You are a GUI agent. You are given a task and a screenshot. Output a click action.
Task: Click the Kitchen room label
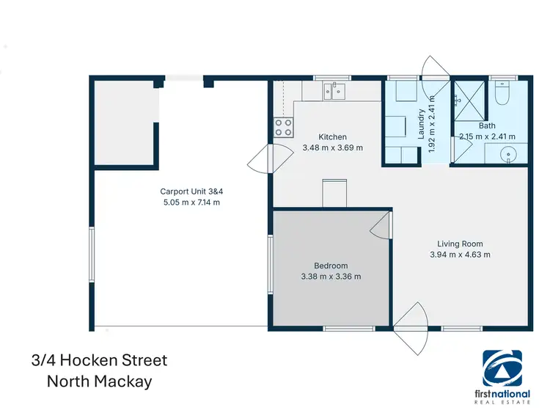click(x=332, y=137)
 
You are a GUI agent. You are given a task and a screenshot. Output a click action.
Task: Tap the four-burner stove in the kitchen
click(x=284, y=128)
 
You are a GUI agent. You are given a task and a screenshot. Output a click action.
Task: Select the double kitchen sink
click(x=334, y=91)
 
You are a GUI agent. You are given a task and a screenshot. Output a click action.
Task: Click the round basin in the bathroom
click(x=508, y=154)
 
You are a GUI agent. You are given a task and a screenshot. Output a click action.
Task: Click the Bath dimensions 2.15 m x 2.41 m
click(x=487, y=136)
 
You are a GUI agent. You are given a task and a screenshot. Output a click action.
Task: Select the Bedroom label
click(x=330, y=266)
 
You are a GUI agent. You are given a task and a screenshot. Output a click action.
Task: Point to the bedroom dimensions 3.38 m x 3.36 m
click(x=330, y=277)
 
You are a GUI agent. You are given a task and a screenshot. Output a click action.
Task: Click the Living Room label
click(x=460, y=244)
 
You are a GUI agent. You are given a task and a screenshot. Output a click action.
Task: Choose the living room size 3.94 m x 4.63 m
click(x=460, y=255)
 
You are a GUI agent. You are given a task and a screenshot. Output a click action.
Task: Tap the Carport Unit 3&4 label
click(x=190, y=191)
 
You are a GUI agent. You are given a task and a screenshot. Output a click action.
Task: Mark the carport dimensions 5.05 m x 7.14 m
click(x=190, y=202)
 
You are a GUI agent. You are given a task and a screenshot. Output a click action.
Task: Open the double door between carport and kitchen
click(x=261, y=159)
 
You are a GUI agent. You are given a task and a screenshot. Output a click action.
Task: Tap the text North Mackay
click(x=100, y=381)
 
